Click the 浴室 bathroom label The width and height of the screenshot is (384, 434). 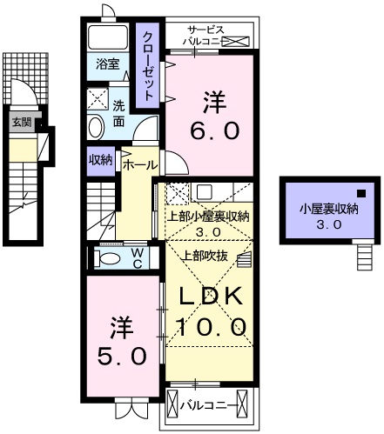[x=108, y=64]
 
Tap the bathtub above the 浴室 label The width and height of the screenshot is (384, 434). [x=111, y=37]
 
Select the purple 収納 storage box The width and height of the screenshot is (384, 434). [x=99, y=159]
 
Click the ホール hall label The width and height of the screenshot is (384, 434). [x=139, y=164]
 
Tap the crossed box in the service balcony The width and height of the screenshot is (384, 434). [x=237, y=40]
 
